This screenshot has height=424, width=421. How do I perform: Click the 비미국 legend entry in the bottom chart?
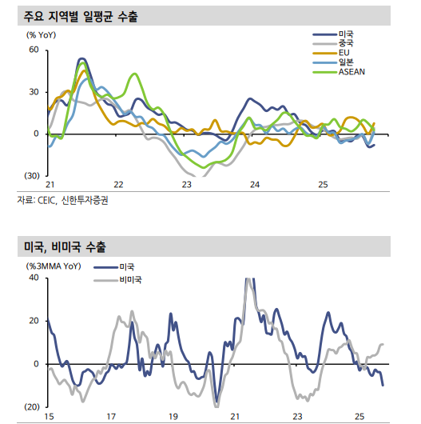tap(130, 280)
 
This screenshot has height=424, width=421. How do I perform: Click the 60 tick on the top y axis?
tap(34, 50)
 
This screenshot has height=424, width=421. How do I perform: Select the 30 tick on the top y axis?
tap(34, 91)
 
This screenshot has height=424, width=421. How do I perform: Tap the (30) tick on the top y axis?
tap(31, 175)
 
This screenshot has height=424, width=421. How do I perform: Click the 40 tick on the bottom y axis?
tap(34, 278)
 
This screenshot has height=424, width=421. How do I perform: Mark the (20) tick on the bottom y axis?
tap(31, 406)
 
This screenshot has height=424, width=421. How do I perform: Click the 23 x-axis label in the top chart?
tap(187, 186)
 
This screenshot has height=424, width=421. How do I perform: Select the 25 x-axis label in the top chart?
tap(324, 186)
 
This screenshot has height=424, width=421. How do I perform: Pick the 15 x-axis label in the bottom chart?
tap(49, 417)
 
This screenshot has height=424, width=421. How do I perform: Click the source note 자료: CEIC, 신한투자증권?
tap(62, 201)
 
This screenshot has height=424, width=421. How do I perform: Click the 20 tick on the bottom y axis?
tap(34, 321)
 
